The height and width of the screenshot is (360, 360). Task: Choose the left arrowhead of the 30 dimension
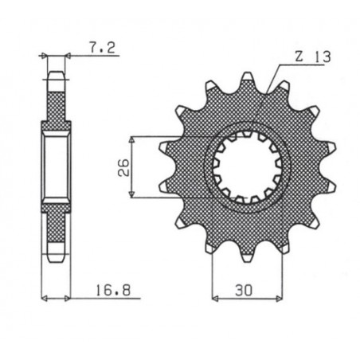coord(215,299)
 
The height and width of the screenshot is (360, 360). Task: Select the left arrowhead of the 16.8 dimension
coord(45,299)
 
